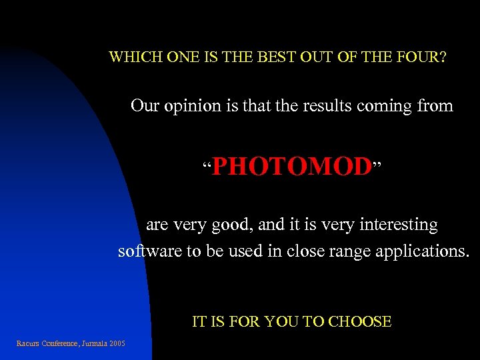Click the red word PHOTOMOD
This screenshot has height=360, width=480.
pyautogui.click(x=291, y=167)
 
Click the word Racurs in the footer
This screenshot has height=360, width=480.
pyautogui.click(x=27, y=343)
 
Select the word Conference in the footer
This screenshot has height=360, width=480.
pyautogui.click(x=60, y=343)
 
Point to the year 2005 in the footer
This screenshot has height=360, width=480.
pyautogui.click(x=118, y=343)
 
